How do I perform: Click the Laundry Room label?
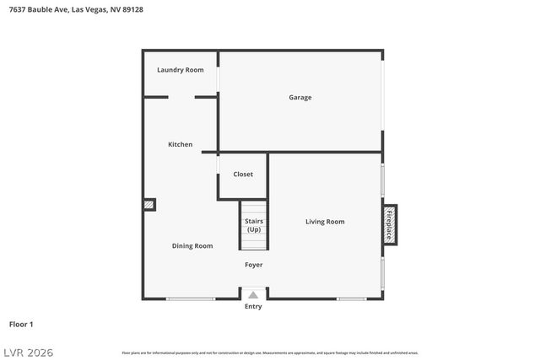(x=181, y=70)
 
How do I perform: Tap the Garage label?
(x=300, y=98)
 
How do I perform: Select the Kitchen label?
(x=180, y=145)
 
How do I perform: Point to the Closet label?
(x=243, y=175)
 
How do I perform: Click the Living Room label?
(x=325, y=222)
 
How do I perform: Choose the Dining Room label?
(x=192, y=246)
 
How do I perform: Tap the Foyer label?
(x=254, y=265)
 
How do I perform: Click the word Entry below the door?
(x=253, y=307)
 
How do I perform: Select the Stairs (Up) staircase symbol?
(x=254, y=225)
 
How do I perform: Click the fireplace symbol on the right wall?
(x=389, y=225)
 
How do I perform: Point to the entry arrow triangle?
(x=253, y=295)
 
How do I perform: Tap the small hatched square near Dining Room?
(x=149, y=204)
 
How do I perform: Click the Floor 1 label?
(x=21, y=324)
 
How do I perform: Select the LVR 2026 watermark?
(x=27, y=352)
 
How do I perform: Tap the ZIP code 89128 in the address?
(x=132, y=11)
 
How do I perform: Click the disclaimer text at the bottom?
(x=270, y=352)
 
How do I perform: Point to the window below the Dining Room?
(x=190, y=298)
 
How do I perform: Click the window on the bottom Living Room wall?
(x=351, y=298)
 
